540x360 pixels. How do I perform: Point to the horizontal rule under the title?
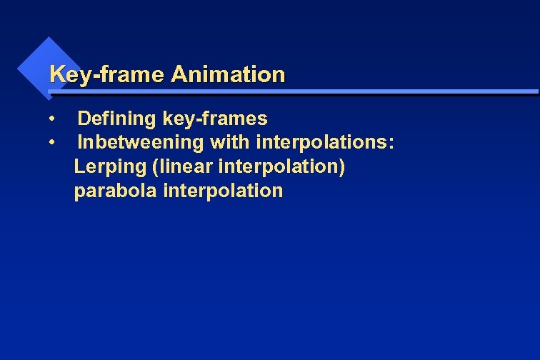pos(293,92)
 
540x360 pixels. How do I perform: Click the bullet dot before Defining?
pos(53,118)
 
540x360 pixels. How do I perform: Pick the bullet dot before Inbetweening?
pos(53,142)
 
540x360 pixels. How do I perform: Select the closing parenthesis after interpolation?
pos(343,167)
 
